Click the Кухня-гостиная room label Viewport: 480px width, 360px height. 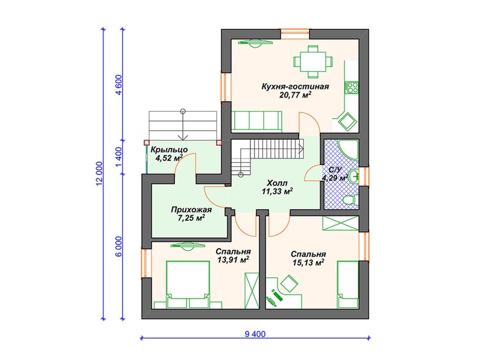click(295, 87)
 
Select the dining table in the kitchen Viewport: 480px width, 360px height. click(313, 62)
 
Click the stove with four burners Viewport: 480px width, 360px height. click(351, 87)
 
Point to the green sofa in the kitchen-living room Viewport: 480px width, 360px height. click(256, 121)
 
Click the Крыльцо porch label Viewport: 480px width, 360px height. click(169, 150)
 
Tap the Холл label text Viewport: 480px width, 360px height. click(277, 183)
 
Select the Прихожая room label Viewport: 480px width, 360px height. click(191, 210)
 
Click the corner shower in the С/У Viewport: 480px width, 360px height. click(349, 150)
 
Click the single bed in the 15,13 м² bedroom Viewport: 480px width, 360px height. click(348, 285)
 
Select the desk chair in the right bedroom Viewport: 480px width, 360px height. click(289, 283)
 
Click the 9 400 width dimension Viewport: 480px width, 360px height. click(255, 334)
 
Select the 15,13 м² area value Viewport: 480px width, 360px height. click(308, 262)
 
